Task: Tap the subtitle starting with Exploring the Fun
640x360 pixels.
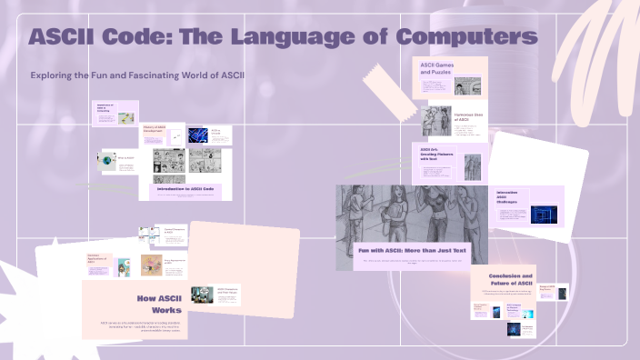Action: coord(137,74)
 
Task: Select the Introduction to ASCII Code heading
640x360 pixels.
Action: coord(191,188)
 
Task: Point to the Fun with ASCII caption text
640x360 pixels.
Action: coord(411,249)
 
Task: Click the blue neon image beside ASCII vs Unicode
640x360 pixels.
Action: coord(199,135)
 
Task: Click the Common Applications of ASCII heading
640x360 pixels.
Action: coord(98,260)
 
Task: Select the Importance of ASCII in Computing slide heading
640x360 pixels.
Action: coord(107,108)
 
